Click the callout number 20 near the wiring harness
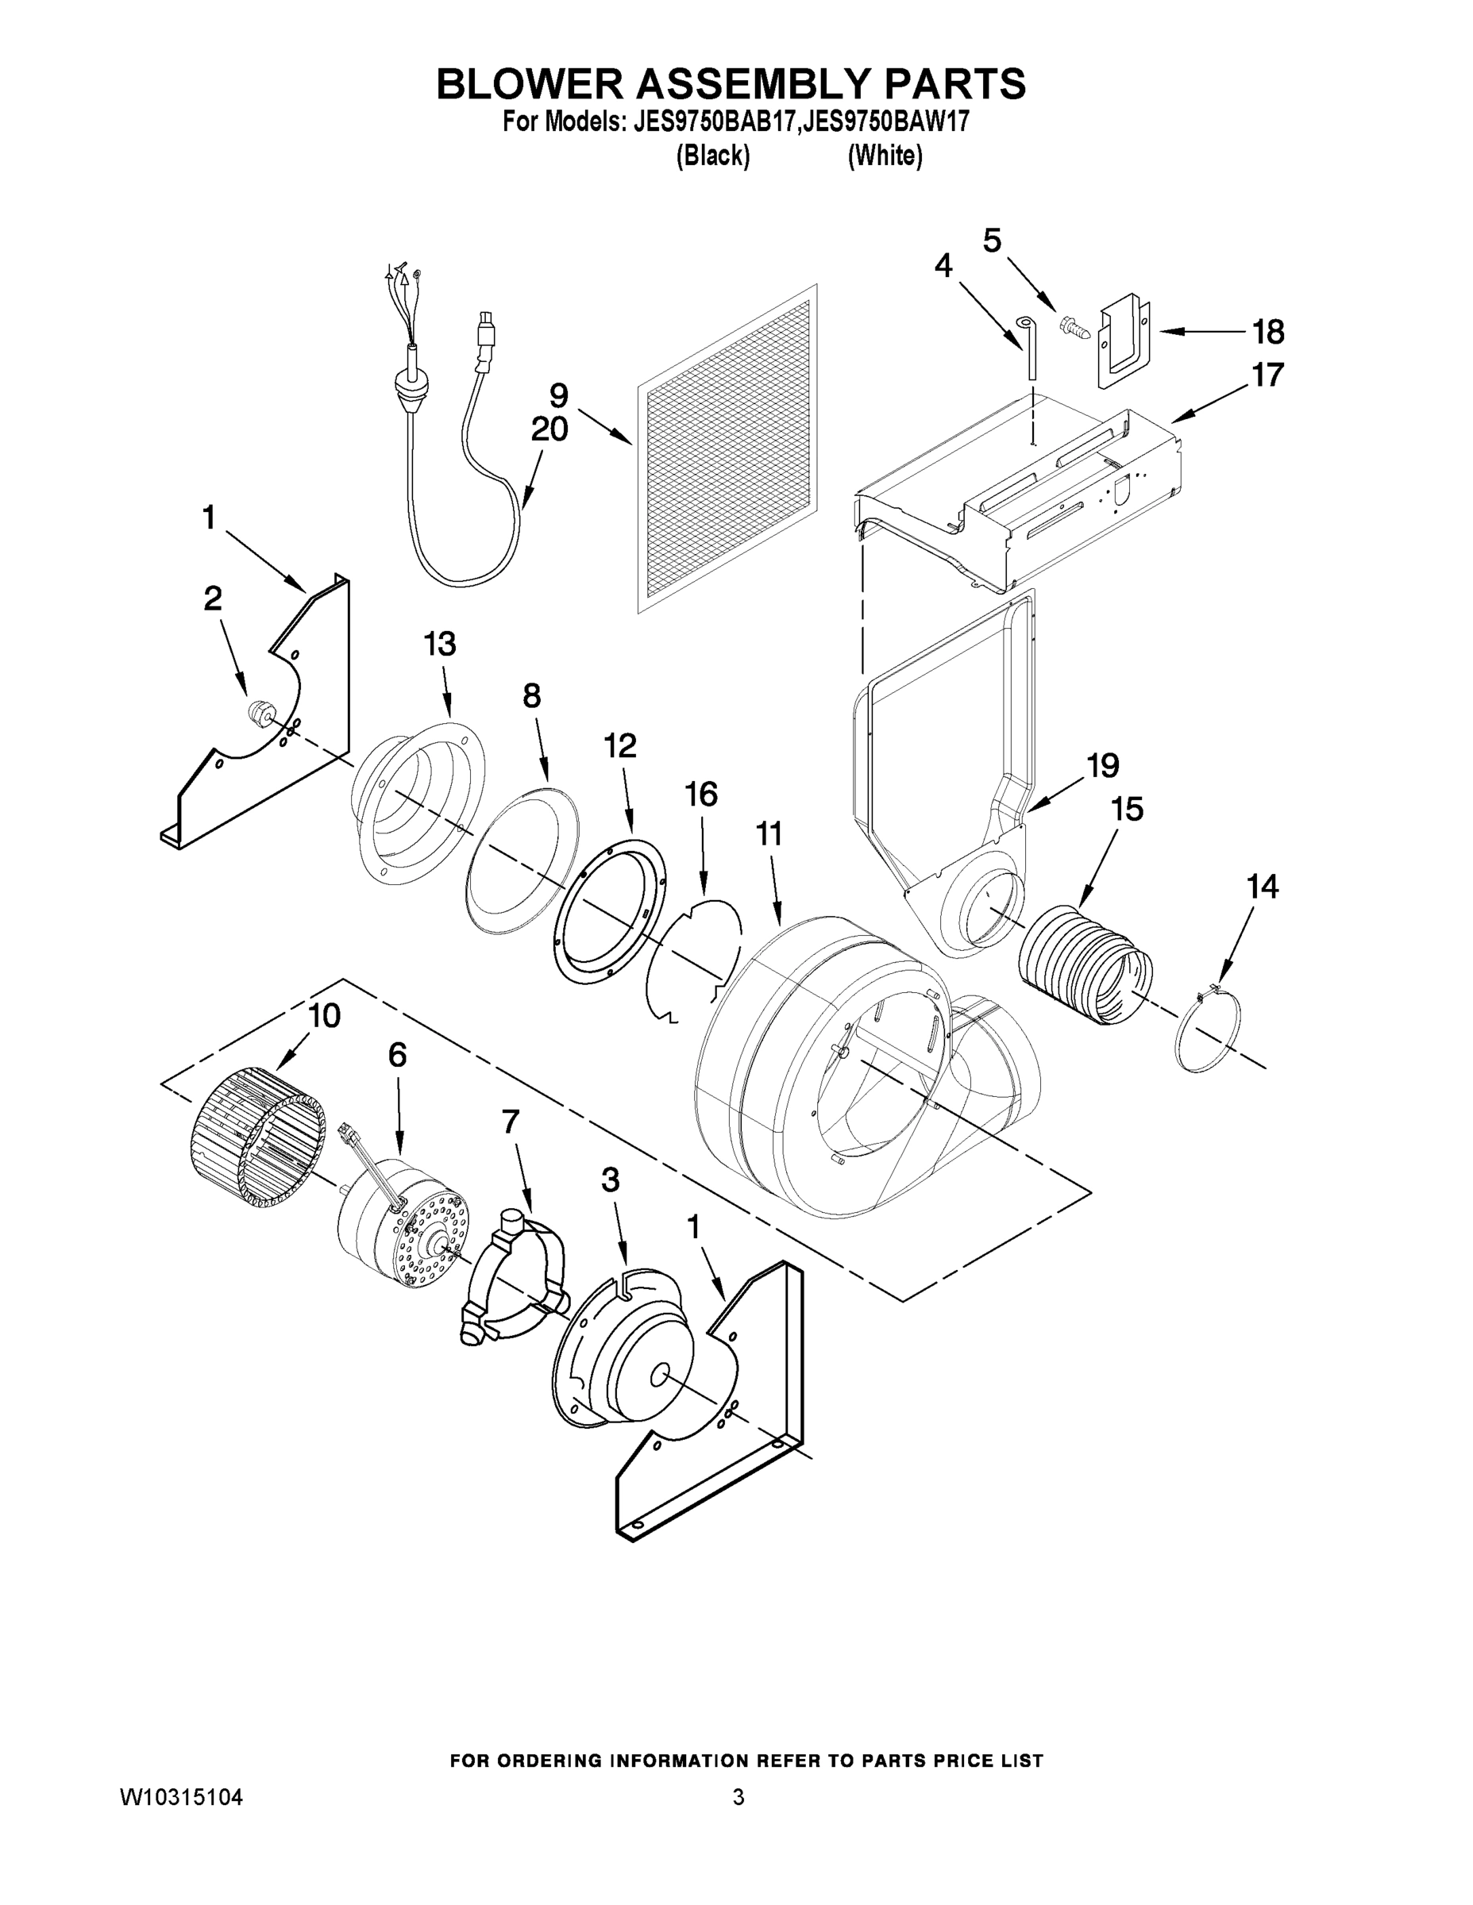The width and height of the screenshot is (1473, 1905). click(x=549, y=429)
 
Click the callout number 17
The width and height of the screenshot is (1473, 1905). click(x=1267, y=375)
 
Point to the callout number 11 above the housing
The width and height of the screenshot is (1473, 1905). click(x=768, y=835)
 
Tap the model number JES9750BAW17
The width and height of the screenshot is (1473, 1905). click(x=884, y=122)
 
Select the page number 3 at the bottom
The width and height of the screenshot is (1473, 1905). click(x=738, y=1798)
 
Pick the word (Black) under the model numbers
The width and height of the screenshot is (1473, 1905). click(x=713, y=156)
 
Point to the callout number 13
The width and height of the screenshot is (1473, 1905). click(x=440, y=645)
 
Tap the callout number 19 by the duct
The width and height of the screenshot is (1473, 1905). click(x=1103, y=765)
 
